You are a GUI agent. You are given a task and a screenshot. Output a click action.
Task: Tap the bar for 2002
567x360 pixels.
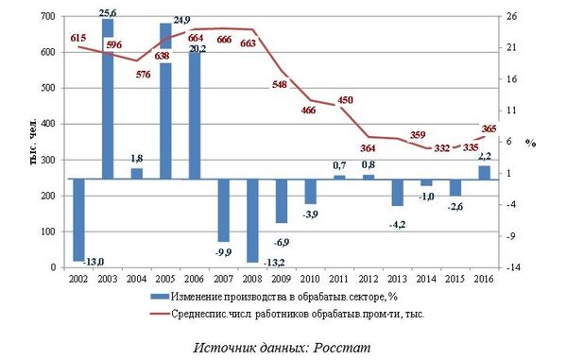tap(78, 219)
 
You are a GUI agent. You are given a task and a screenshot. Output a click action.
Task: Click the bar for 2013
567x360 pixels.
tap(398, 192)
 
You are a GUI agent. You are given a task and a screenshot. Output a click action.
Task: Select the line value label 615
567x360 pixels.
tap(79, 37)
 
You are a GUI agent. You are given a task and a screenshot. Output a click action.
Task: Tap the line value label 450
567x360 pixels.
tap(345, 99)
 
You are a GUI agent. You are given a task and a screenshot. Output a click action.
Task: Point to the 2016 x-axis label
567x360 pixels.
tap(485, 281)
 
